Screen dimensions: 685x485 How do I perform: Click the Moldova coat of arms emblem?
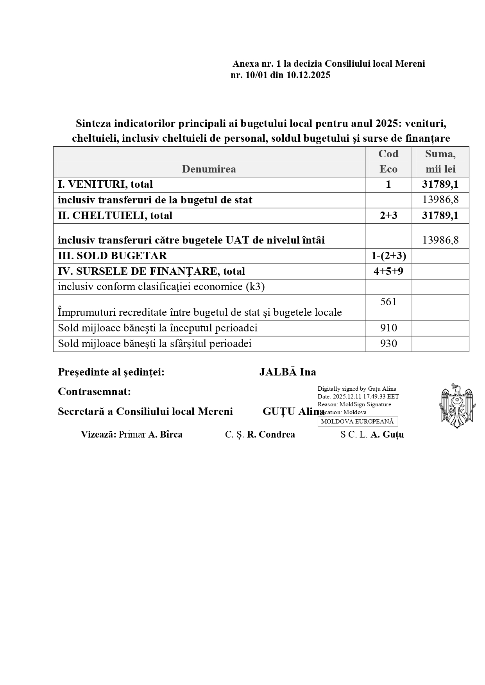pos(456,406)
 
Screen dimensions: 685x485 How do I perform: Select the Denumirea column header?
pos(209,169)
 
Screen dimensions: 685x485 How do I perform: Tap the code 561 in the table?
pos(388,302)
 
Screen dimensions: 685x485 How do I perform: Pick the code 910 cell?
pos(388,328)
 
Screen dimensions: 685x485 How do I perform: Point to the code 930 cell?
pos(388,344)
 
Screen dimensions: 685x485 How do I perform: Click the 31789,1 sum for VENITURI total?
pos(440,185)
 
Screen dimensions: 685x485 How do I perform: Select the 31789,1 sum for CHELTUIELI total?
pos(440,216)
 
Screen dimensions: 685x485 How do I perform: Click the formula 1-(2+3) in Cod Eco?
pos(388,256)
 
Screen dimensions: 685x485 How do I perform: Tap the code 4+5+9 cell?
pos(388,272)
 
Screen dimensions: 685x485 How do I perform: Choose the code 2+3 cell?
pos(388,216)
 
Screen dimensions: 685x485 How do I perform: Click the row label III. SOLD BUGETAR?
pos(112,256)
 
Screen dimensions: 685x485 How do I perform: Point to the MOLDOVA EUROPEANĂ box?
pos(357,422)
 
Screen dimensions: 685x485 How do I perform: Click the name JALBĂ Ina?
pos(288,372)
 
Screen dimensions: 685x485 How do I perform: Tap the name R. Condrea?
pos(271,435)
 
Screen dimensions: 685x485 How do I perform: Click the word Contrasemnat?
pos(94,391)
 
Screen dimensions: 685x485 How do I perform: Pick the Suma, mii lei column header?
pos(440,162)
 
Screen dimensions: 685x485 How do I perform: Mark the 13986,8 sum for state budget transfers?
pos(440,200)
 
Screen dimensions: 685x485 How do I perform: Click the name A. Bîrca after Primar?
pos(165,435)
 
